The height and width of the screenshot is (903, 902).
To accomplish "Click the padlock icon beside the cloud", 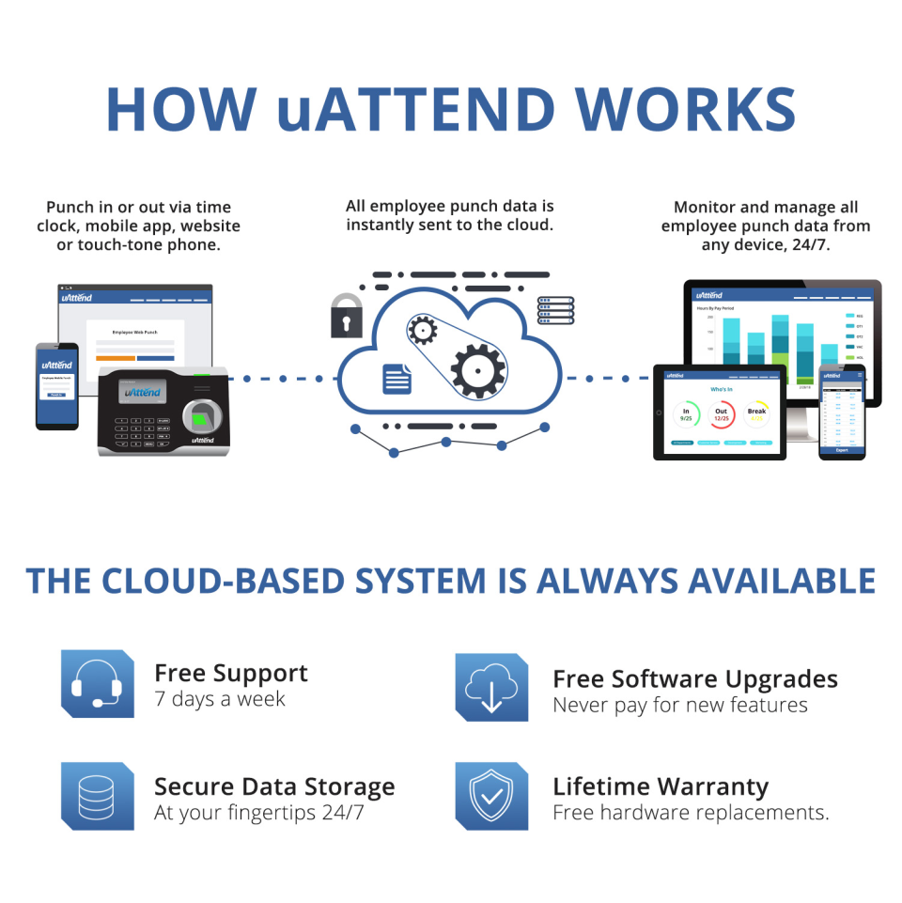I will tap(346, 316).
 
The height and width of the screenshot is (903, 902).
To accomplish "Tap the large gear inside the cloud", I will tap(478, 370).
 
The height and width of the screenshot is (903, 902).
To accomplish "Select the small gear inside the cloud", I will tap(423, 329).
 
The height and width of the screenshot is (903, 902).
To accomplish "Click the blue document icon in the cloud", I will tap(397, 378).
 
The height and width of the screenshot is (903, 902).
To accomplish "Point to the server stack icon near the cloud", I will tap(556, 310).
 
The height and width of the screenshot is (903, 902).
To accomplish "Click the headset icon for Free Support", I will tap(97, 683).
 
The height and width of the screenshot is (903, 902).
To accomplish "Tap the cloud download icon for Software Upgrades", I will tap(491, 687).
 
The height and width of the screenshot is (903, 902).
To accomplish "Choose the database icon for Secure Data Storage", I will tap(97, 796).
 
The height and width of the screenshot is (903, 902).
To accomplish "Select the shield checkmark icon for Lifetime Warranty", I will tap(491, 796).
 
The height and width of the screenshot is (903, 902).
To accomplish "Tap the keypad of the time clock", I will tap(139, 430).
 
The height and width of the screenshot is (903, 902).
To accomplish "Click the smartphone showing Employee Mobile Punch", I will tap(56, 385).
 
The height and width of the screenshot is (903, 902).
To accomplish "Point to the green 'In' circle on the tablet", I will tap(687, 413).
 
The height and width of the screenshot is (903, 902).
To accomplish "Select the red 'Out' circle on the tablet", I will tap(722, 413).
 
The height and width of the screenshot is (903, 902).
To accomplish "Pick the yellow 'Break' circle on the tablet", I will tap(756, 413).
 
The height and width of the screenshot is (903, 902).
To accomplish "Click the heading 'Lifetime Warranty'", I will tap(661, 786).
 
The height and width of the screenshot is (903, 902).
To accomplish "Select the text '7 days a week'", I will tap(220, 700).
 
